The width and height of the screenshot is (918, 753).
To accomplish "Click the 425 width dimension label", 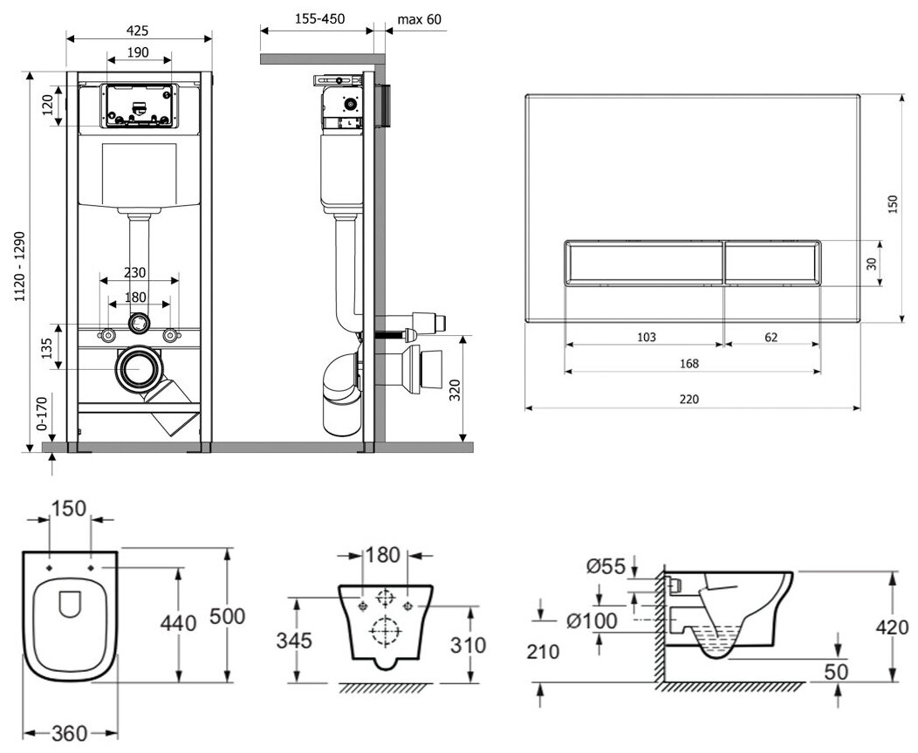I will tap(139, 26).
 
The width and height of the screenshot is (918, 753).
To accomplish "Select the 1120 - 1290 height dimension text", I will tap(19, 266).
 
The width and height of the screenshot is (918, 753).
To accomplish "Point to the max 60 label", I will tap(419, 18).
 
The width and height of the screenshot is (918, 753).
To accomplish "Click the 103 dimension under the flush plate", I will tap(646, 337).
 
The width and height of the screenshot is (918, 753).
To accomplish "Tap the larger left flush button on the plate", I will tap(644, 261).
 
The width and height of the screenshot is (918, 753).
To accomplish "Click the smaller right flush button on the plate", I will tap(772, 261).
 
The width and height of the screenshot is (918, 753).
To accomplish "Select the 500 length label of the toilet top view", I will tap(229, 615).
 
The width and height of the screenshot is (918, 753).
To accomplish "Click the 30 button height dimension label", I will tap(871, 262).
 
